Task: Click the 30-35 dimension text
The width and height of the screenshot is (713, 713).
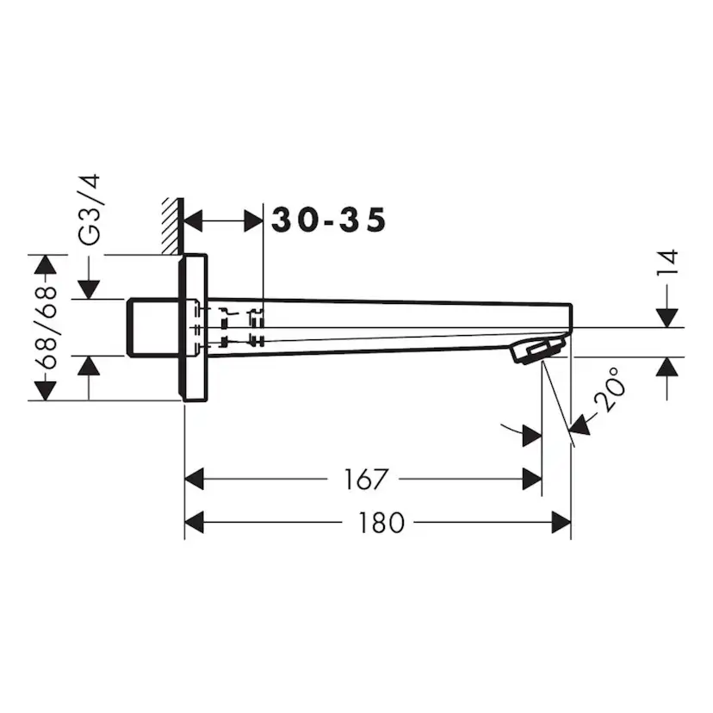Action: [329, 221]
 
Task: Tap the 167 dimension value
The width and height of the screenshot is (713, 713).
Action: [365, 479]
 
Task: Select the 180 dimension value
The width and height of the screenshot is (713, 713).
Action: [379, 522]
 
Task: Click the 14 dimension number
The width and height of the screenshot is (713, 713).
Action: [668, 263]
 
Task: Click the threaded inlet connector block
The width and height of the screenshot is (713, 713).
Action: [153, 327]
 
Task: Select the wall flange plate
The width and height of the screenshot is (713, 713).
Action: [195, 327]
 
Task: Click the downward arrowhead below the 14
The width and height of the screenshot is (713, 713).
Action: [668, 317]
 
